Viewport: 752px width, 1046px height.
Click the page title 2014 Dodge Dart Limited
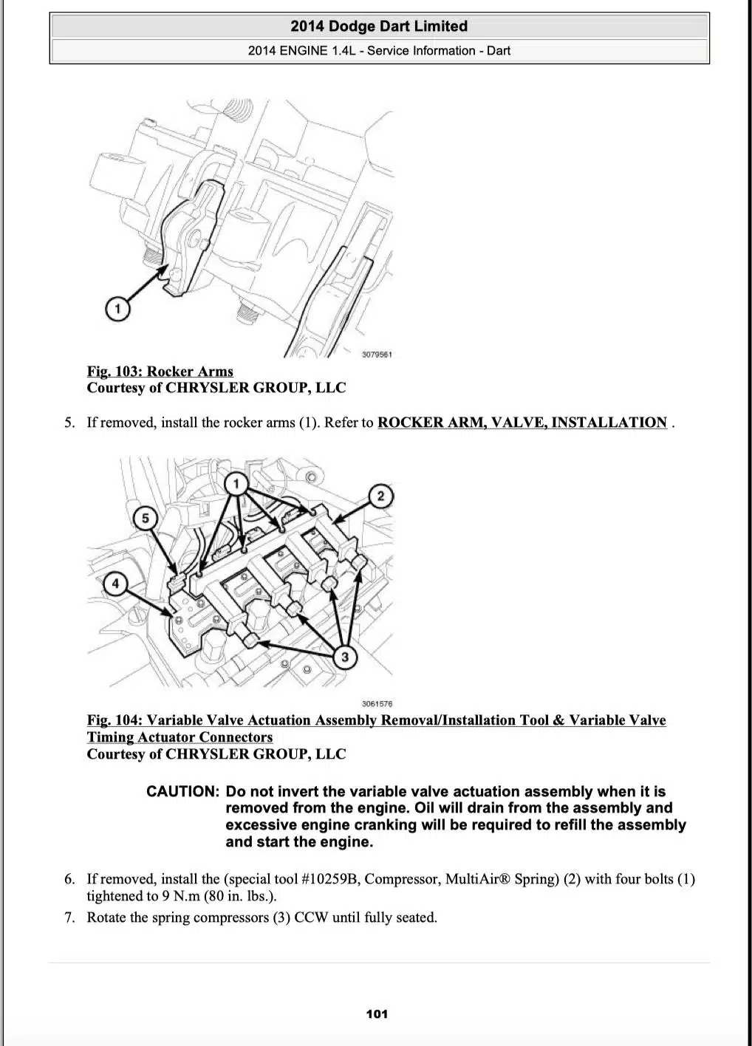tap(379, 27)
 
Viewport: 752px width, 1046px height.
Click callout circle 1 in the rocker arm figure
tap(117, 309)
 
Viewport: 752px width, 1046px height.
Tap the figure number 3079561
tap(377, 355)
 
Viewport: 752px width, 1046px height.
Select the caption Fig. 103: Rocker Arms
tap(160, 372)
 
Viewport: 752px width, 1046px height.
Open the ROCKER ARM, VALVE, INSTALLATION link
tap(522, 423)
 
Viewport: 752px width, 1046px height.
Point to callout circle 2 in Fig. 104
tap(380, 496)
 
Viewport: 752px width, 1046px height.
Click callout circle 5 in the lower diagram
tap(145, 518)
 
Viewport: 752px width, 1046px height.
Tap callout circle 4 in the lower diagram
tap(115, 584)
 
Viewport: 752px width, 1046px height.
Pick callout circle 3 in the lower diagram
tap(344, 656)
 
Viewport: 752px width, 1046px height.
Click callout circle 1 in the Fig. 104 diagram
tap(236, 485)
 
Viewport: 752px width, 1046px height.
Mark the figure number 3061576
tap(377, 704)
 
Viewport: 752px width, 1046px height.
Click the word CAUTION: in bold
tap(182, 792)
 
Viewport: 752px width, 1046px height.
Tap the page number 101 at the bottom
tap(377, 1014)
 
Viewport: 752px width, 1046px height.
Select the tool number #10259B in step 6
tap(330, 879)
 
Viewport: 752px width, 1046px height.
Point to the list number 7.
tap(69, 917)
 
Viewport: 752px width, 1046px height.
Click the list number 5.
tap(69, 423)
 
